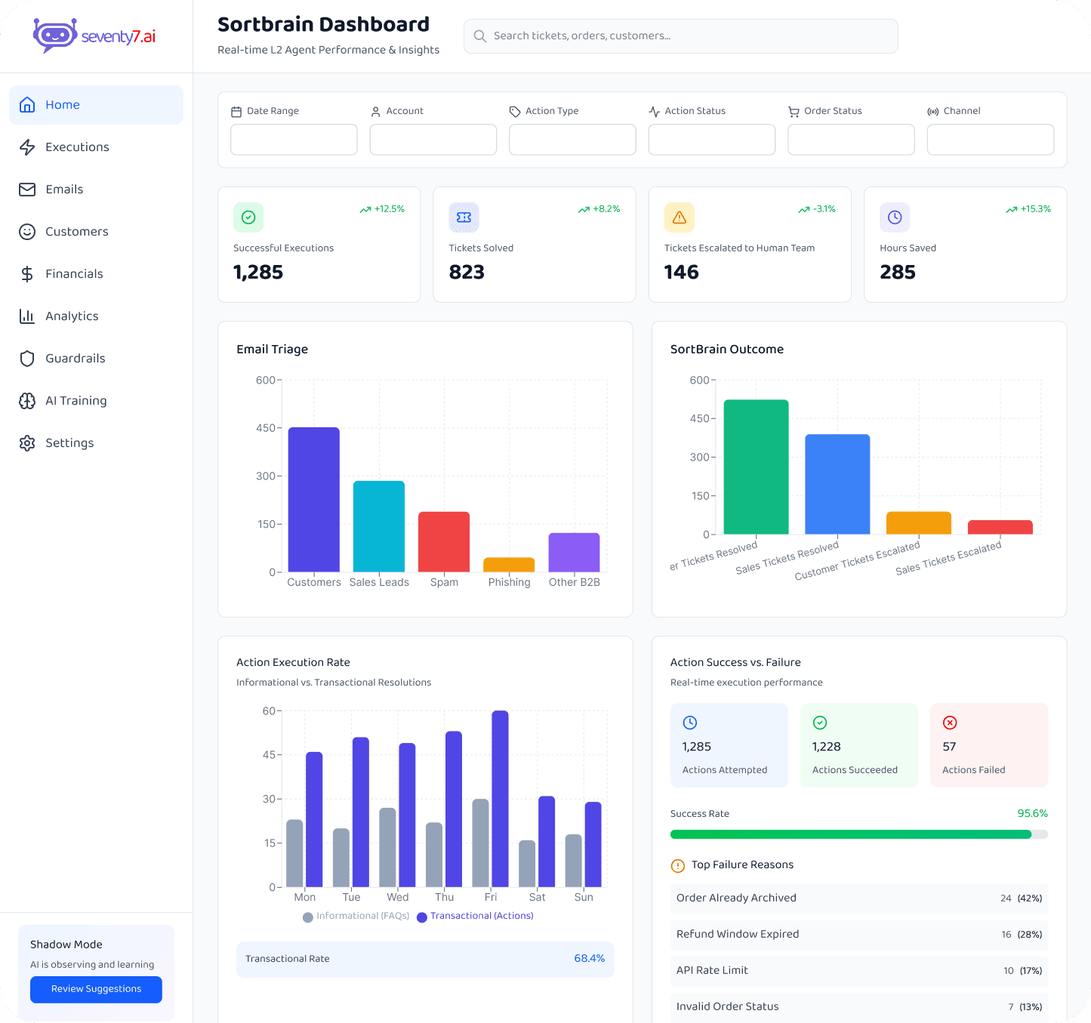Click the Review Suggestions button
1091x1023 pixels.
[96, 989]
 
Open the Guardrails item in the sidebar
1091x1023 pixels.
[75, 359]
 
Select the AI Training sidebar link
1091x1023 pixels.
[76, 401]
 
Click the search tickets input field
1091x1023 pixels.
[680, 36]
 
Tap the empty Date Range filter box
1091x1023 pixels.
[294, 140]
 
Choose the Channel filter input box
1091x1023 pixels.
[990, 140]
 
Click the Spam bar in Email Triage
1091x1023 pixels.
[444, 541]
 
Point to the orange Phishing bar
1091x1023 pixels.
[509, 565]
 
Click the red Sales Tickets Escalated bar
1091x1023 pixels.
[1000, 527]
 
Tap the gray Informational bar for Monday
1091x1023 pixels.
[294, 853]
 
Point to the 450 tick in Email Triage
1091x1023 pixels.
[265, 428]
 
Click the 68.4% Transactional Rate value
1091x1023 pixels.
[589, 959]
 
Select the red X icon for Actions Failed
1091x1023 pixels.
[950, 723]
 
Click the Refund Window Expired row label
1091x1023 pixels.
[737, 934]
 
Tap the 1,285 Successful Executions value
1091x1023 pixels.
[258, 272]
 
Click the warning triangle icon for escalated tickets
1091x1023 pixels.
[679, 217]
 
